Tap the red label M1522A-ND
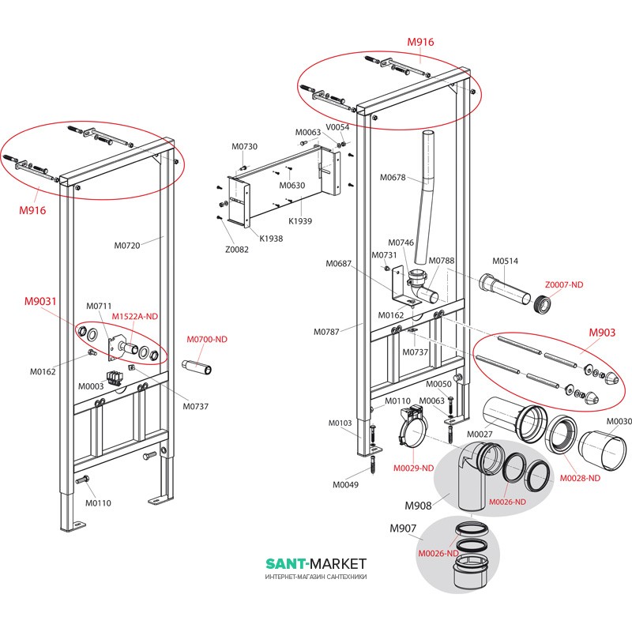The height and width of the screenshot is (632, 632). (x=134, y=317)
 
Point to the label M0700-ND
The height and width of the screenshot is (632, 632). (x=206, y=339)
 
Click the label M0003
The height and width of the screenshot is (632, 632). (x=90, y=386)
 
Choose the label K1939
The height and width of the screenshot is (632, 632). (x=300, y=222)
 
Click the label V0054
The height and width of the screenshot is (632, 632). (x=338, y=126)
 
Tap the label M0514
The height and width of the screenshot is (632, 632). (x=505, y=261)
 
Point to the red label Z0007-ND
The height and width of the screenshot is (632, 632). (x=563, y=284)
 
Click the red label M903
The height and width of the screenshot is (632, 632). (x=602, y=333)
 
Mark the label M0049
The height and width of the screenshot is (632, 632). (x=344, y=484)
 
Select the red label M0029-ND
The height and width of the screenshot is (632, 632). (x=413, y=468)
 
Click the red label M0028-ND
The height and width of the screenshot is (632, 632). (x=579, y=478)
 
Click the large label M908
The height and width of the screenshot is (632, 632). (x=419, y=506)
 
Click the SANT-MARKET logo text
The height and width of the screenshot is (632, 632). (x=316, y=563)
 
